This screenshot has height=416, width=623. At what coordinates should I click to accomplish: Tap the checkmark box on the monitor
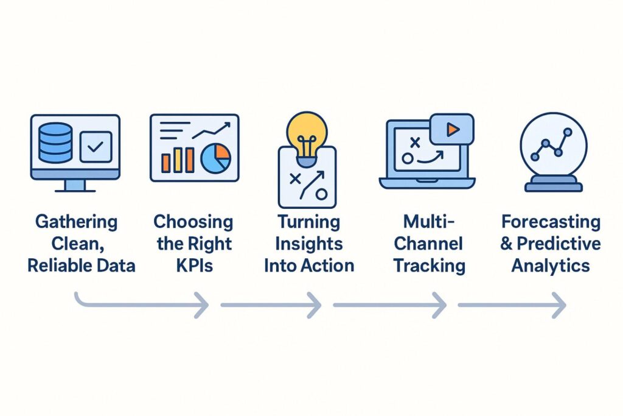pos(96,146)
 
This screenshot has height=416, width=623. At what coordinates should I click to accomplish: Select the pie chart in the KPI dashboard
pos(215,158)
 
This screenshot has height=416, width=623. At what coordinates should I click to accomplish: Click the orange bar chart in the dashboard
pos(177,159)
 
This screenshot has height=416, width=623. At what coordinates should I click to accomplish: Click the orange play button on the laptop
pos(451,129)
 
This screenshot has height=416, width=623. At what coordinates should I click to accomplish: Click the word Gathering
pos(76,221)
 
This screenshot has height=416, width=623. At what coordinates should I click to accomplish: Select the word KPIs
pos(193,266)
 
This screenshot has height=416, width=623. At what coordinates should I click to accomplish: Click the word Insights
pos(308,243)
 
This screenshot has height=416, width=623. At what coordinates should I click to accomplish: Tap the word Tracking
pos(429,266)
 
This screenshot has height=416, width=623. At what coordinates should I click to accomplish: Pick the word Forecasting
pos(550,221)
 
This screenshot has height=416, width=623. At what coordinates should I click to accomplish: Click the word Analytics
pos(550,266)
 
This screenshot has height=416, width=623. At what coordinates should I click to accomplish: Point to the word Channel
pos(429,243)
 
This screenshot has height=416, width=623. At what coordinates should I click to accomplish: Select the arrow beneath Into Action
pos(271,305)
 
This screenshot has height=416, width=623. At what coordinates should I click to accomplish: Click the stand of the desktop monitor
pos(75,185)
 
